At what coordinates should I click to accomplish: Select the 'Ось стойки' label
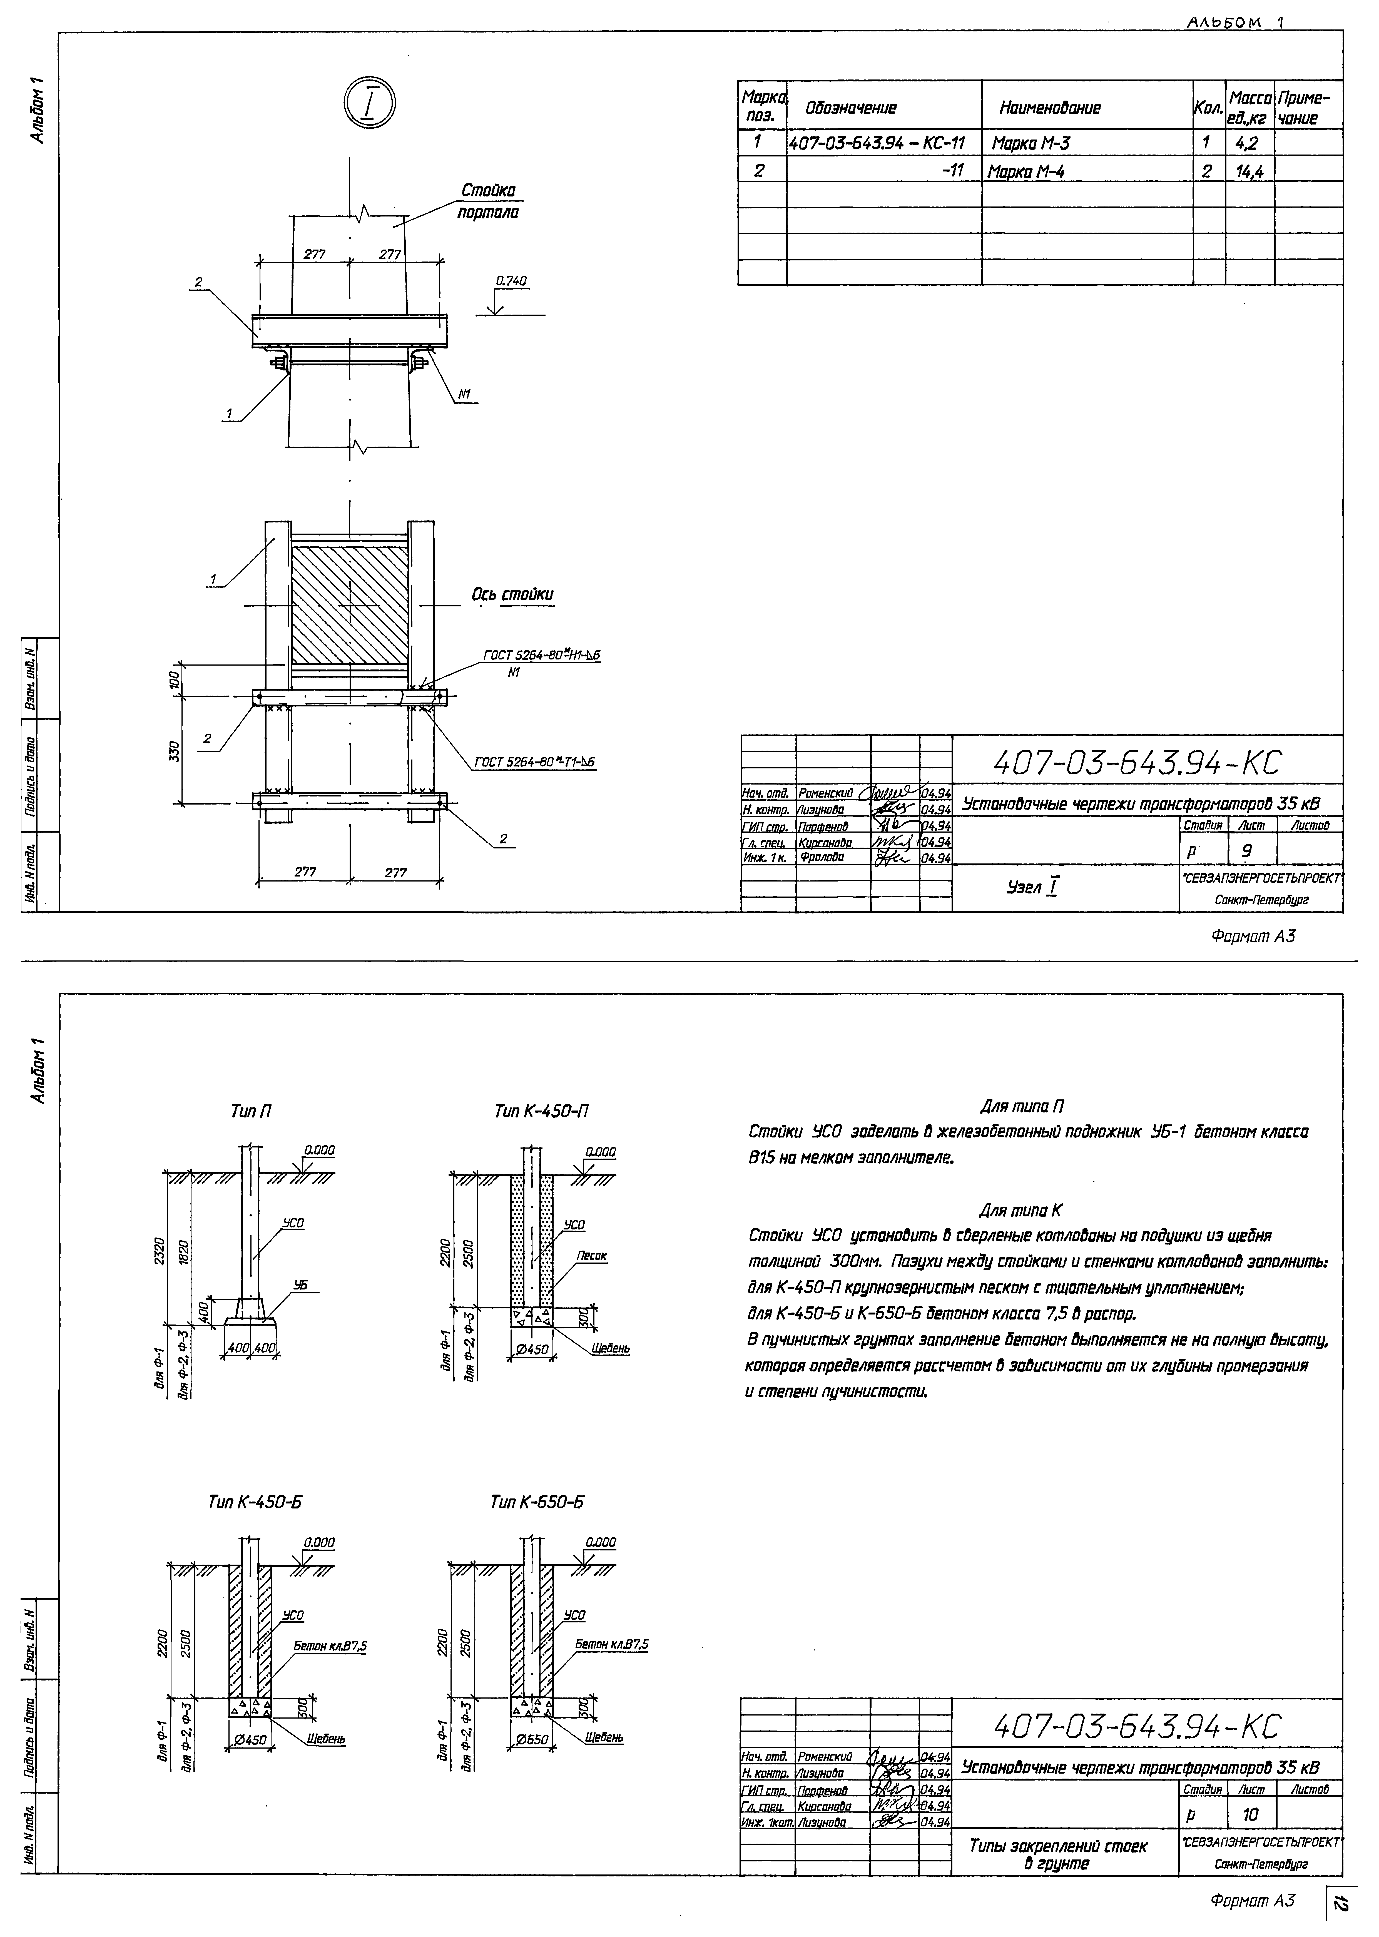click(x=512, y=594)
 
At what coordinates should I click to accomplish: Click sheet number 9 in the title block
click(x=1246, y=850)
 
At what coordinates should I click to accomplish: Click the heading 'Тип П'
click(x=251, y=1111)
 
